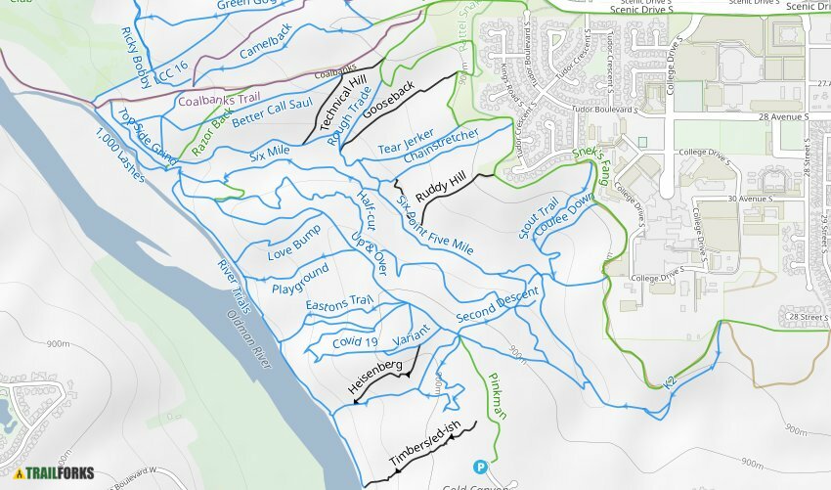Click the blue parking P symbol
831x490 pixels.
coord(479,468)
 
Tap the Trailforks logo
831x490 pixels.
coord(54,473)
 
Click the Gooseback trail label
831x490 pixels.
coord(389,100)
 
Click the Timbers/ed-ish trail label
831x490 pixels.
coord(423,446)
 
